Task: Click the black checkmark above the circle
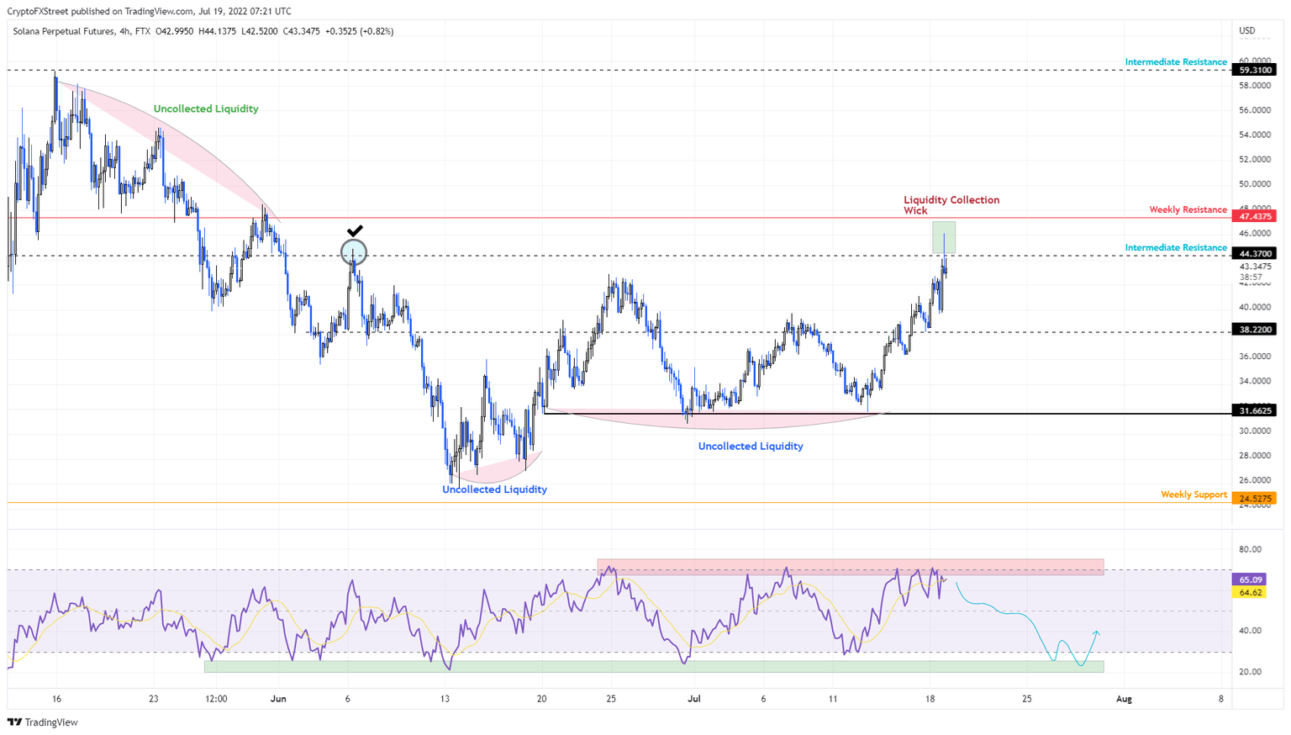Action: (355, 230)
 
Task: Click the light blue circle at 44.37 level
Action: (354, 251)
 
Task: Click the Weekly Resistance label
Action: (1188, 209)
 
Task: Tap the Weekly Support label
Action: (1194, 494)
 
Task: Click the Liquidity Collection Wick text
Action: (951, 204)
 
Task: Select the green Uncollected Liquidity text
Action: (206, 108)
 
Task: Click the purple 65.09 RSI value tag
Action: (1251, 579)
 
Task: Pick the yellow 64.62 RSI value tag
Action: (1251, 592)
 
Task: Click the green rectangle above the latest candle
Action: (943, 236)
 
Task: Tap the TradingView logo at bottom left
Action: (43, 722)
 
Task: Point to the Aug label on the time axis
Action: (1124, 699)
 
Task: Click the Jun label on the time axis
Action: (278, 699)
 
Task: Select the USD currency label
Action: (1247, 31)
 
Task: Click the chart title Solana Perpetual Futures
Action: (64, 31)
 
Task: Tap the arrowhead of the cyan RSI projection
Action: (1097, 632)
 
